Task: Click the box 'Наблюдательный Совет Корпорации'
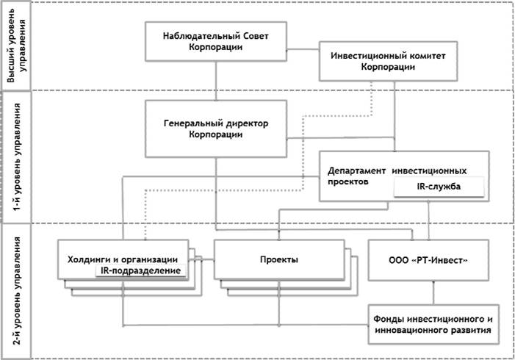click(x=216, y=41)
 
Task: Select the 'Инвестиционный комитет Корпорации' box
click(x=388, y=61)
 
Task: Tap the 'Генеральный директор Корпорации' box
click(x=216, y=129)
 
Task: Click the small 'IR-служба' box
click(x=439, y=187)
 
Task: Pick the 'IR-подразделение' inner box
click(x=140, y=270)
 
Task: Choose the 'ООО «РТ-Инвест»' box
click(x=428, y=260)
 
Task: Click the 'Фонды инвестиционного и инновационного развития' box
click(x=433, y=325)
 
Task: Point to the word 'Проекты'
click(x=279, y=260)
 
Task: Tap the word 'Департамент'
click(x=357, y=171)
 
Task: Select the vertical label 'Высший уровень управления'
click(x=16, y=46)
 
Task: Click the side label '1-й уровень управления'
click(x=16, y=156)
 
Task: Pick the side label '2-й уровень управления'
click(x=16, y=290)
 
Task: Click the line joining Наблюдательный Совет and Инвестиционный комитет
click(x=303, y=50)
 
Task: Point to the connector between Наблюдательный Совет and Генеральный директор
click(x=216, y=81)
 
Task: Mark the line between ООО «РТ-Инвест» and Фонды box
click(x=433, y=292)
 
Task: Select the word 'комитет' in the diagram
click(x=427, y=56)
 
